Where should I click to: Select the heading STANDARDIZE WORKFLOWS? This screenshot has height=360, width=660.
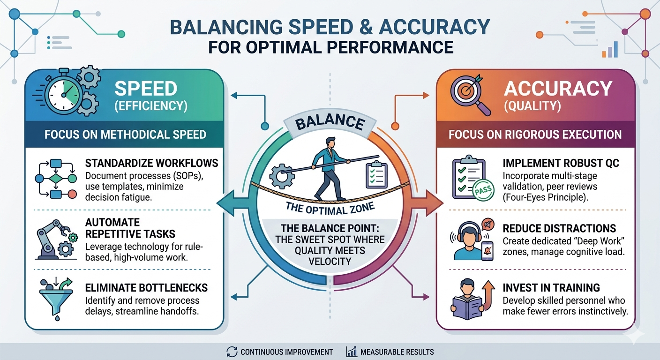(x=152, y=163)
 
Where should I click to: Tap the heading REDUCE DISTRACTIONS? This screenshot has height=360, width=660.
(x=559, y=228)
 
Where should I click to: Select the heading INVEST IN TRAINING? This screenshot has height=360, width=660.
(x=551, y=288)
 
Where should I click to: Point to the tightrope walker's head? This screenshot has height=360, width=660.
(x=330, y=142)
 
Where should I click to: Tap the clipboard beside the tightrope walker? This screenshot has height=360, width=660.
(x=376, y=174)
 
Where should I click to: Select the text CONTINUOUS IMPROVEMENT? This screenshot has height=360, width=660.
(x=286, y=352)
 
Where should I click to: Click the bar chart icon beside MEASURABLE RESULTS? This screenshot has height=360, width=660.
(x=351, y=352)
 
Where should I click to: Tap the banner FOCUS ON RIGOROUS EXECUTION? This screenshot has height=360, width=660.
(x=535, y=135)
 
